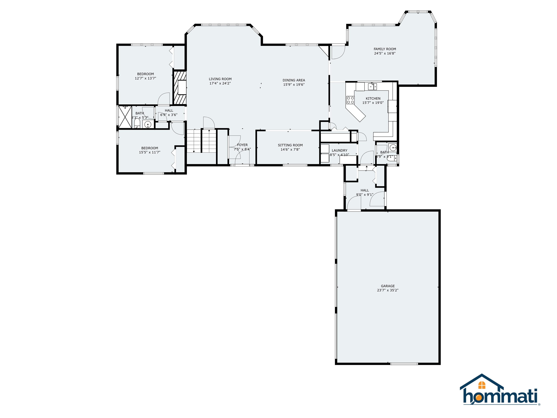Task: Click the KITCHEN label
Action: (373, 99)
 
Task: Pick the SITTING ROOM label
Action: (290, 145)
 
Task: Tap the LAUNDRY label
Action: (339, 150)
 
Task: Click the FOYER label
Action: (242, 145)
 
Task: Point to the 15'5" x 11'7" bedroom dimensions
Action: (150, 152)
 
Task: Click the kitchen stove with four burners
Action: (350, 100)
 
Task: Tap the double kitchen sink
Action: (372, 86)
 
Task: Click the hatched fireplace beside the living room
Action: (180, 88)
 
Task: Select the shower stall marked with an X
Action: (125, 117)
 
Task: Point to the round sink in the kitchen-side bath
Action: (392, 147)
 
